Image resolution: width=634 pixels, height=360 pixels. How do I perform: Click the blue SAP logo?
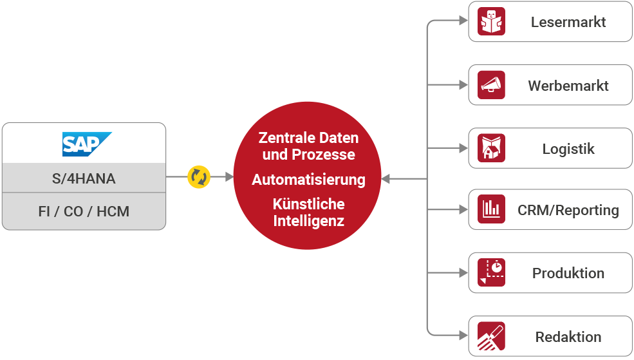(x=86, y=144)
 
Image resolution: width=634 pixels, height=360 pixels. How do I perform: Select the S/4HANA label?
(x=84, y=179)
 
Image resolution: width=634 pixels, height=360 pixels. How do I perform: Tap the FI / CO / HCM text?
(x=84, y=211)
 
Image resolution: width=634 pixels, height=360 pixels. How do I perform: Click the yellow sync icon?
(x=199, y=177)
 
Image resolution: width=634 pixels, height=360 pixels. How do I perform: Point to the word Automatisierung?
(x=308, y=180)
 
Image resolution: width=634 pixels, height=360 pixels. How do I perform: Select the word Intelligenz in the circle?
(x=308, y=221)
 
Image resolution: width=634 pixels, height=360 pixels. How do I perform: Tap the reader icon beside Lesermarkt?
(x=492, y=23)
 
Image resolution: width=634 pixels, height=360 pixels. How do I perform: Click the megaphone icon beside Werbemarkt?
(x=492, y=86)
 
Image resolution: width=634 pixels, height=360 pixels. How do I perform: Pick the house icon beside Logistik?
(x=492, y=149)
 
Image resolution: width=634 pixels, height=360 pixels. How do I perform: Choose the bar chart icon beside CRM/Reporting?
(x=492, y=210)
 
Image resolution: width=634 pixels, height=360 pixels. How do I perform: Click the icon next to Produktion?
(x=492, y=272)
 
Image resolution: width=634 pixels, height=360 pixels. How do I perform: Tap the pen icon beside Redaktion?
(x=492, y=336)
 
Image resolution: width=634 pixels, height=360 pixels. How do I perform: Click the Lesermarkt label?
(x=568, y=23)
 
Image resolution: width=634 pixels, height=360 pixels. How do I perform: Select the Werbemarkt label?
(x=568, y=86)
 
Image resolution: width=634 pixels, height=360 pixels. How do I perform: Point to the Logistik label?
(x=568, y=149)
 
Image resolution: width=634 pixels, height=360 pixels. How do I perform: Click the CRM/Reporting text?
(x=568, y=210)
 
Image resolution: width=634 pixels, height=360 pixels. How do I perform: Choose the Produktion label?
(x=568, y=273)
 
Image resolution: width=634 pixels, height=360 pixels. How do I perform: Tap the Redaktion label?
(x=568, y=337)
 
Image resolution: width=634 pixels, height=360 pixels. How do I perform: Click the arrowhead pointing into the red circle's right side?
(x=386, y=179)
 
